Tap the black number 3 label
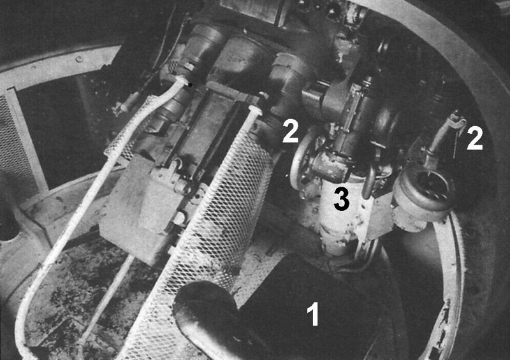coord(342,200)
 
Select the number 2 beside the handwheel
coord(290,132)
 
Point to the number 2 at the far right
coord(474,138)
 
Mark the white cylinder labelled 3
coord(339,217)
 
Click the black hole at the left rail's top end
coord(190,83)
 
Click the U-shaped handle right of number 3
coord(370,182)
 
